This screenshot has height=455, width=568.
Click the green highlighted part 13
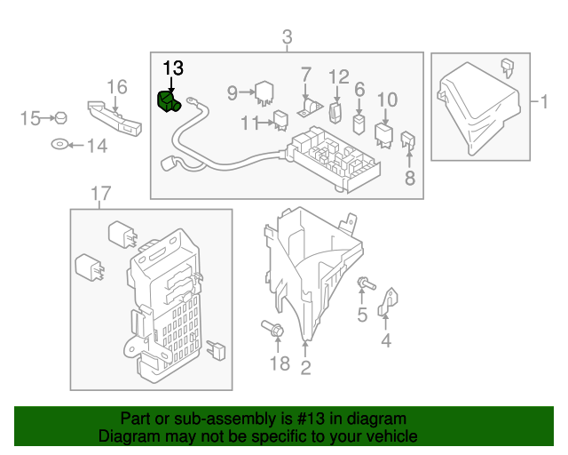tap(168, 102)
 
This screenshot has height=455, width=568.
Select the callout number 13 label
tap(172, 68)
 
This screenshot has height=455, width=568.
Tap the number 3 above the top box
tap(287, 37)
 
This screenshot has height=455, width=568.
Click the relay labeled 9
tap(264, 92)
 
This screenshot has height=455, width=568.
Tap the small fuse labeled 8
tap(409, 140)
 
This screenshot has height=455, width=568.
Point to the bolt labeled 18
tap(275, 331)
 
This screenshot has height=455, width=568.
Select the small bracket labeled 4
tap(388, 303)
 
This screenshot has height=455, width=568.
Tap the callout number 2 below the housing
tap(305, 364)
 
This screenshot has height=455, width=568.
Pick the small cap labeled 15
tap(60, 117)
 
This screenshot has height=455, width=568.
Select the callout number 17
tap(100, 193)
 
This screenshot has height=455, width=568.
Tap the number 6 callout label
tap(359, 89)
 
